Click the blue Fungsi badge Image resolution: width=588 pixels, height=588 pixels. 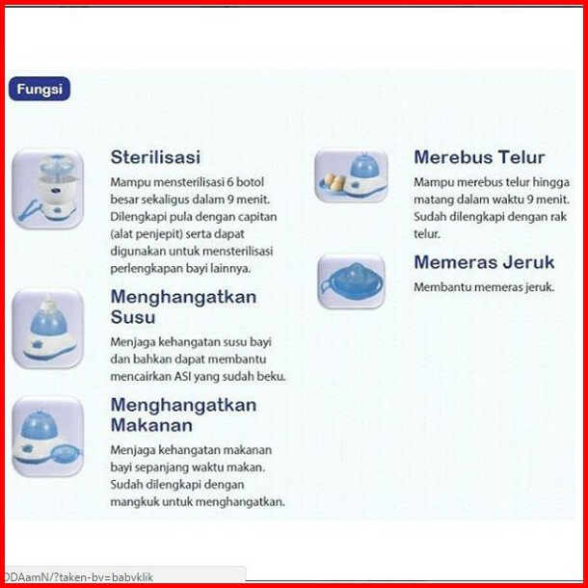pyautogui.click(x=40, y=89)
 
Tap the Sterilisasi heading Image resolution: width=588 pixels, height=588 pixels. pyautogui.click(x=155, y=157)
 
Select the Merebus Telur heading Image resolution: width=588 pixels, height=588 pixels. pyautogui.click(x=479, y=157)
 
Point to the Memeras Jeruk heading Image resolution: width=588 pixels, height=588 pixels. pyautogui.click(x=484, y=262)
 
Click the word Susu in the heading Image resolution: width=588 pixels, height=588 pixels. pyautogui.click(x=133, y=317)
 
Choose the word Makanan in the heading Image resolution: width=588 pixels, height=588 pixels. pyautogui.click(x=151, y=425)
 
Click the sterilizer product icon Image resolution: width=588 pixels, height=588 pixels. pyautogui.click(x=47, y=189)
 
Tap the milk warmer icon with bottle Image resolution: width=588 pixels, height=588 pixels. pyautogui.click(x=47, y=328)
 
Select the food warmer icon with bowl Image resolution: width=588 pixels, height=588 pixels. pyautogui.click(x=47, y=437)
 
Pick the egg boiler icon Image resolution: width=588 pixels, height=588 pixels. pyautogui.click(x=351, y=175)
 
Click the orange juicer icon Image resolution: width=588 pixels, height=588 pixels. pyautogui.click(x=352, y=281)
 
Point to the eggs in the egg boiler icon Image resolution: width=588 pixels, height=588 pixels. pyautogui.click(x=334, y=181)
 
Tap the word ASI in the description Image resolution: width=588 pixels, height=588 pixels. pyautogui.click(x=182, y=376)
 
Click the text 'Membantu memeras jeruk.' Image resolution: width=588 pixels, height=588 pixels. pyautogui.click(x=484, y=287)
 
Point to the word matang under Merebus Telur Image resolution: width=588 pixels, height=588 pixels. pyautogui.click(x=432, y=200)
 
